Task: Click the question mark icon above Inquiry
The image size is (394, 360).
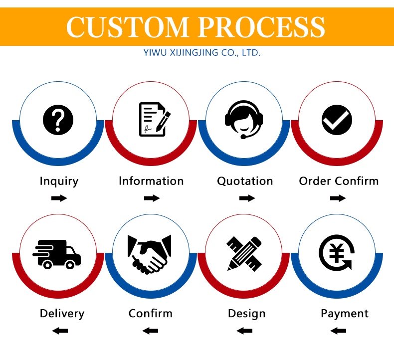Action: pyautogui.click(x=58, y=120)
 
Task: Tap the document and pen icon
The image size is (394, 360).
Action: pyautogui.click(x=154, y=119)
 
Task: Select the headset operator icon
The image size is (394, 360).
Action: pyautogui.click(x=244, y=120)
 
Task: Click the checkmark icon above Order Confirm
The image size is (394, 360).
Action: pyautogui.click(x=337, y=120)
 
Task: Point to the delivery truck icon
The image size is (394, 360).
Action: pyautogui.click(x=56, y=254)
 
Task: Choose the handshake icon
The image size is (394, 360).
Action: pyautogui.click(x=150, y=254)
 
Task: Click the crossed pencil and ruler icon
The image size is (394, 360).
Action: pyautogui.click(x=244, y=254)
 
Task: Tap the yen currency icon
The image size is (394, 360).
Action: pyautogui.click(x=337, y=253)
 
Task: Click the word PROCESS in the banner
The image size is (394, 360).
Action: pyautogui.click(x=261, y=27)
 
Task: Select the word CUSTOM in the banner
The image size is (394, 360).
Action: pyautogui.click(x=128, y=27)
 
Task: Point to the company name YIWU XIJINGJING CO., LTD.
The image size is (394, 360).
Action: pyautogui.click(x=201, y=53)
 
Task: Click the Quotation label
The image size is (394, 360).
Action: pyautogui.click(x=245, y=181)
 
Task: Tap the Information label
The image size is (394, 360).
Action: pyautogui.click(x=151, y=181)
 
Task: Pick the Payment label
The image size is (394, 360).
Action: pyautogui.click(x=345, y=314)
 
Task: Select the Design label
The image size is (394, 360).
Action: pyautogui.click(x=246, y=314)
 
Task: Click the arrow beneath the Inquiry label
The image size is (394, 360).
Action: pyautogui.click(x=59, y=198)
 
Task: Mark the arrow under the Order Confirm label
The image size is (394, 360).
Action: pyautogui.click(x=338, y=198)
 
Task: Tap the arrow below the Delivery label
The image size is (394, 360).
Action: pyautogui.click(x=60, y=331)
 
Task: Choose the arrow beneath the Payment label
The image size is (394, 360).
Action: pyautogui.click(x=338, y=331)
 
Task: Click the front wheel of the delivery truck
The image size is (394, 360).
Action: pyautogui.click(x=70, y=265)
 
